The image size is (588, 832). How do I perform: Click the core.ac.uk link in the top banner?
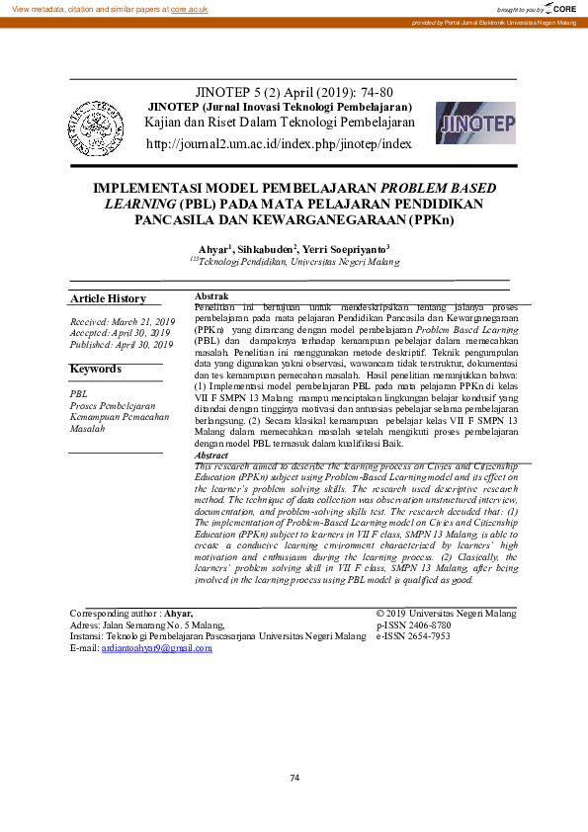(x=189, y=8)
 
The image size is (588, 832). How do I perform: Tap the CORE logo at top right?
(x=561, y=8)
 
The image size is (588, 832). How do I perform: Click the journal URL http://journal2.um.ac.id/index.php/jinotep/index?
(x=278, y=144)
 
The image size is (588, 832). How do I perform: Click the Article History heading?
(x=108, y=298)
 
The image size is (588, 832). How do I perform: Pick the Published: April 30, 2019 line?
(x=122, y=345)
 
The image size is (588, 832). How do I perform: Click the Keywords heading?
(x=95, y=369)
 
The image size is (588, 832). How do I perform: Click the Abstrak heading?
(x=212, y=296)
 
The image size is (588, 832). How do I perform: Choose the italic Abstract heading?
(x=213, y=456)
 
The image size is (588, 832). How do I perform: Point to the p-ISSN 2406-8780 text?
(x=413, y=624)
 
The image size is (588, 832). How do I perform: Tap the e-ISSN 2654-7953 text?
(x=413, y=636)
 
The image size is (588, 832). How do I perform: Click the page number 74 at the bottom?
(x=294, y=778)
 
